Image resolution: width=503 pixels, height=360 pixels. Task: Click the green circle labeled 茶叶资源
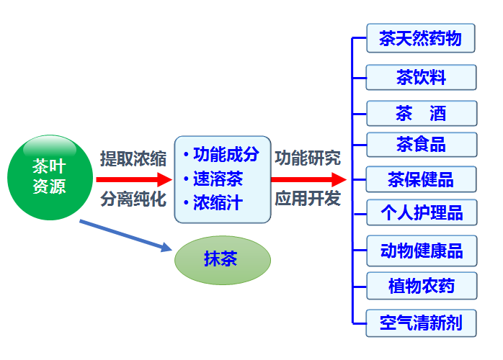point(49,177)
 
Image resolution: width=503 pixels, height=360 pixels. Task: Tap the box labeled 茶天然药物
point(421,39)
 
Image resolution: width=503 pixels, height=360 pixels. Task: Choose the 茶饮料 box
point(421,77)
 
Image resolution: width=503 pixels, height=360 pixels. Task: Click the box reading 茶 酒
point(421,113)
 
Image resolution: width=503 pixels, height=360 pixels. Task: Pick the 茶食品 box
point(421,145)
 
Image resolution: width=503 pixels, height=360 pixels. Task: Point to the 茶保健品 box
point(421,179)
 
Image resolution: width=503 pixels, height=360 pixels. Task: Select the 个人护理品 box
point(421,212)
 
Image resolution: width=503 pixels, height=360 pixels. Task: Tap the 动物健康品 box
point(421,251)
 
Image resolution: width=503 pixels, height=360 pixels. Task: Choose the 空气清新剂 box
point(421,323)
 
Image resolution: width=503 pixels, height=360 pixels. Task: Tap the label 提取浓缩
point(133,157)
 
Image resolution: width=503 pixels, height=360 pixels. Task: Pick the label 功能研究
point(308,157)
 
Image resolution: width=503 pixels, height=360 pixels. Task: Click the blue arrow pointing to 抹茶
point(126,235)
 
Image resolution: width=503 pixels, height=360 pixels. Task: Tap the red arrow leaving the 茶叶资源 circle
point(133,179)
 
